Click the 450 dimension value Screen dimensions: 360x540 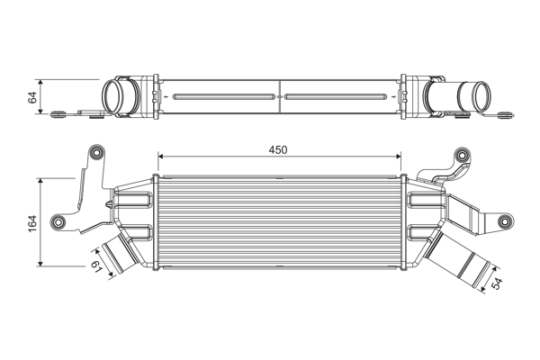coord(277,150)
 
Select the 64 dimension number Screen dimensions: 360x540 coord(32,97)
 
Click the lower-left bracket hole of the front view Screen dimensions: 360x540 coord(60,222)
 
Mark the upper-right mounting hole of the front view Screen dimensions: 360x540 coord(463,153)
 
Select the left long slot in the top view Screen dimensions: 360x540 coord(223,94)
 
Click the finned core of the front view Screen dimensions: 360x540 coord(280,220)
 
